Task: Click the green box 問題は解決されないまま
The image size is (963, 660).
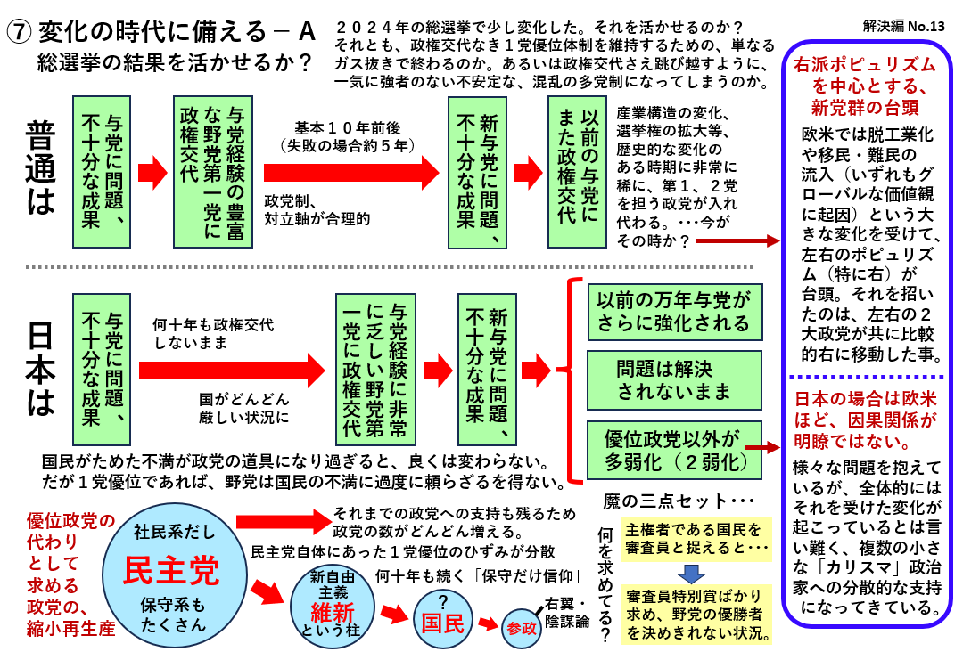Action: pos(674,380)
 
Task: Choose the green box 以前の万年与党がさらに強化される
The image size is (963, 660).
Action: pos(674,312)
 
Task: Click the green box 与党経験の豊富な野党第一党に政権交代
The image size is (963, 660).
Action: pos(208,172)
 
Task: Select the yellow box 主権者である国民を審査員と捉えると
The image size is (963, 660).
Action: pos(694,537)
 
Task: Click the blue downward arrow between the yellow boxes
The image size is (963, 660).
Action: pos(693,573)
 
